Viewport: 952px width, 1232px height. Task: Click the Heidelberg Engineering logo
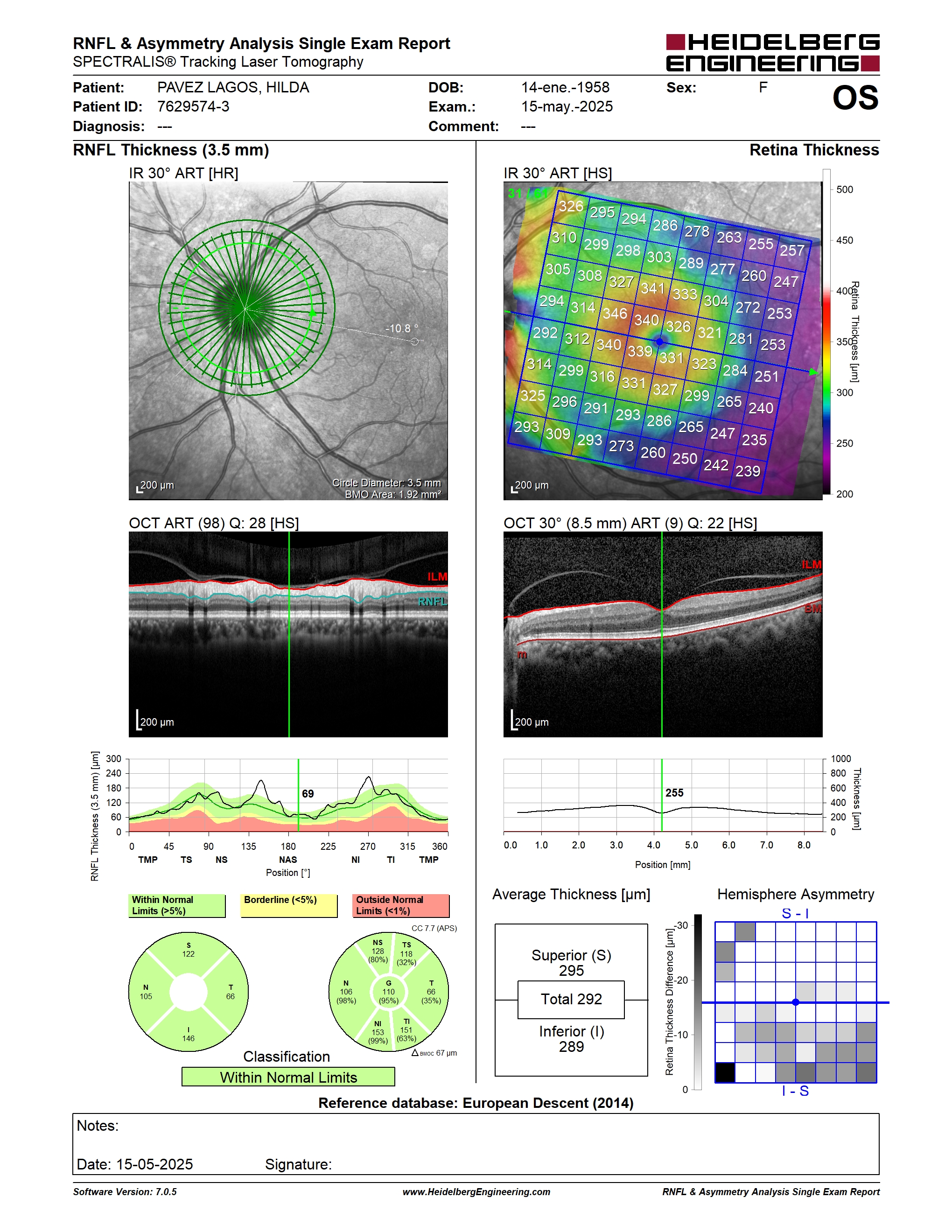(x=773, y=52)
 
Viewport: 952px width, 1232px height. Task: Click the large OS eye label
(x=855, y=98)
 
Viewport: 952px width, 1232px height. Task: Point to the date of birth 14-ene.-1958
(x=565, y=87)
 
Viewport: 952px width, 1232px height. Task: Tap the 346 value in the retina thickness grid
(x=615, y=313)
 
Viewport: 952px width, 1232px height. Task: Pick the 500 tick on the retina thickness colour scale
(x=844, y=189)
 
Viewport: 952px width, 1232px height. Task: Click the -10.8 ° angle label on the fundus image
(x=401, y=329)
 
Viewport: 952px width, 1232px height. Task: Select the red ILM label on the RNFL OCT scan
(x=437, y=576)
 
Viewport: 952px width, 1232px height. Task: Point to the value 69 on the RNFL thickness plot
(x=308, y=794)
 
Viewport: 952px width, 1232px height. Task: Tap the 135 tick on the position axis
(x=249, y=846)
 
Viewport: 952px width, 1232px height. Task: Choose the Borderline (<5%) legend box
(x=289, y=905)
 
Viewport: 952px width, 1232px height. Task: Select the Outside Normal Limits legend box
(x=401, y=905)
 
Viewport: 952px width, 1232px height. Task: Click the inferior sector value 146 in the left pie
(x=189, y=1038)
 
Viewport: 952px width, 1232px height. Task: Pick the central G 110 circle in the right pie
(x=389, y=992)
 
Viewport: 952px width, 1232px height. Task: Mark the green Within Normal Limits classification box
(x=288, y=1077)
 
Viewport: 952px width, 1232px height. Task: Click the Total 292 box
(x=571, y=1000)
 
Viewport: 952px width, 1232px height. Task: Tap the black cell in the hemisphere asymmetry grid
(x=725, y=1072)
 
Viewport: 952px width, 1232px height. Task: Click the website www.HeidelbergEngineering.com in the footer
(x=476, y=1192)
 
